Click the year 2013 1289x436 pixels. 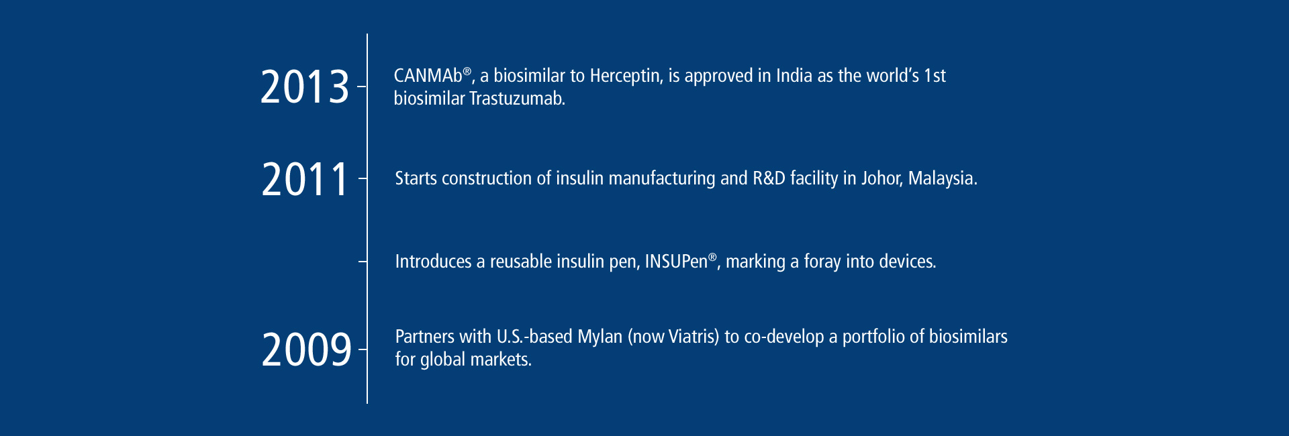tap(305, 87)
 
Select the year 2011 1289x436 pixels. tap(305, 179)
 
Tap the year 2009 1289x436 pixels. tap(306, 349)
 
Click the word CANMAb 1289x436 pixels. tap(428, 76)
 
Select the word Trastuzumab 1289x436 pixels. tap(517, 99)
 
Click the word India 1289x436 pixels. tap(794, 76)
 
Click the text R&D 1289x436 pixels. tap(769, 178)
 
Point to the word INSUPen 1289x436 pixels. tap(676, 261)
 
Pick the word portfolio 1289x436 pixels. tap(873, 337)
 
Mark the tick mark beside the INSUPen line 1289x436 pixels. tap(363, 261)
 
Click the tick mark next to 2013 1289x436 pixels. tap(363, 87)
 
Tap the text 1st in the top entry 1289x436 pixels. tap(935, 76)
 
